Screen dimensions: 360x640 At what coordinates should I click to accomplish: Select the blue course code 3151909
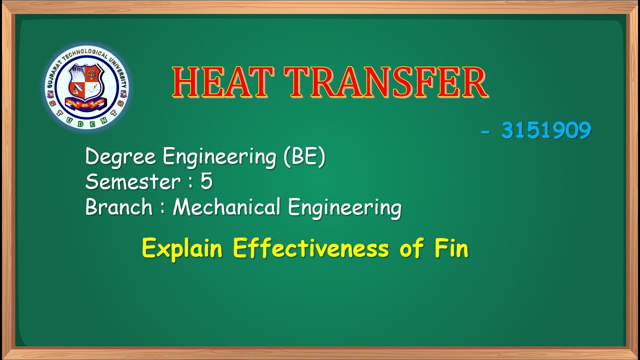[546, 131]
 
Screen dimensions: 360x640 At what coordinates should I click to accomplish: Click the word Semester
[130, 182]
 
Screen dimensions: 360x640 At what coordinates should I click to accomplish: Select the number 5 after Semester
[206, 182]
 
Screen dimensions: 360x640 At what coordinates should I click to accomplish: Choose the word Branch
[118, 207]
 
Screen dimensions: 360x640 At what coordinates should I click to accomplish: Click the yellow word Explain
[181, 248]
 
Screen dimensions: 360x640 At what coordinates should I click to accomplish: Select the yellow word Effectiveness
[310, 248]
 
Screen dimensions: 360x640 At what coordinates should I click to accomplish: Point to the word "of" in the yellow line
[410, 248]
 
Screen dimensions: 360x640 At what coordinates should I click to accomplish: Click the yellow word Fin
[450, 248]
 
